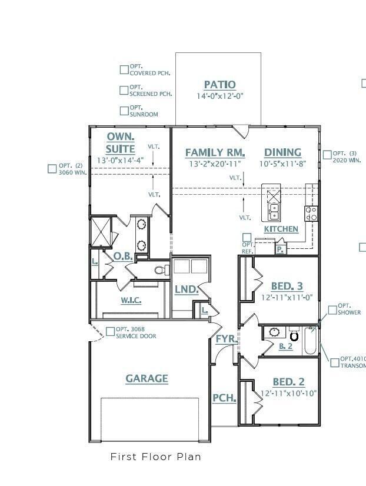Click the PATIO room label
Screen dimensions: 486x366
tap(219, 85)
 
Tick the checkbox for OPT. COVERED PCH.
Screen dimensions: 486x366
tap(124, 70)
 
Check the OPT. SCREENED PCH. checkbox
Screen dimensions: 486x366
tap(124, 90)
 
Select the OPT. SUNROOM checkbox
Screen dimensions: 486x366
tap(124, 111)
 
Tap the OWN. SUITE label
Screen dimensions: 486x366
tap(121, 142)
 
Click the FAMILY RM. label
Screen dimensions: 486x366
tap(215, 152)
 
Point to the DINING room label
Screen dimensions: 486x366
tap(282, 152)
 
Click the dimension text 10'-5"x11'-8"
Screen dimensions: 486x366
tap(282, 164)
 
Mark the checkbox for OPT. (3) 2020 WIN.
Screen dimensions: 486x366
tap(327, 155)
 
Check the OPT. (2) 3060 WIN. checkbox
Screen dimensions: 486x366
tap(52, 169)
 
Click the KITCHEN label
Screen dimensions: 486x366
tap(281, 229)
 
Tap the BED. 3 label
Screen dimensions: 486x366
tap(287, 287)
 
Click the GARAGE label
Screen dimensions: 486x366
tap(147, 379)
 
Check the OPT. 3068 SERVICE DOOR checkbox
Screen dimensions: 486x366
tap(110, 332)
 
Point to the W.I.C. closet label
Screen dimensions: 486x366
tap(131, 300)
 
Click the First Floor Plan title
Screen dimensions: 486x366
tap(155, 457)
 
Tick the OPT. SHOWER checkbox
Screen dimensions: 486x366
tap(332, 309)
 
